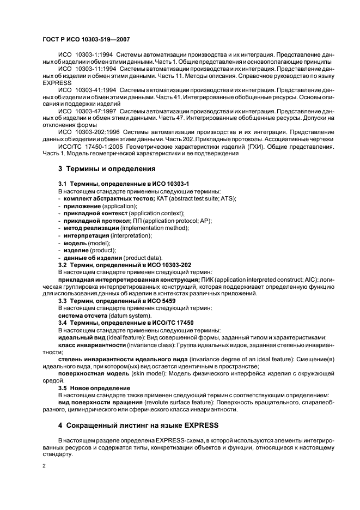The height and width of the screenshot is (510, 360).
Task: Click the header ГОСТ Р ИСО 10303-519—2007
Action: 86,40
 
